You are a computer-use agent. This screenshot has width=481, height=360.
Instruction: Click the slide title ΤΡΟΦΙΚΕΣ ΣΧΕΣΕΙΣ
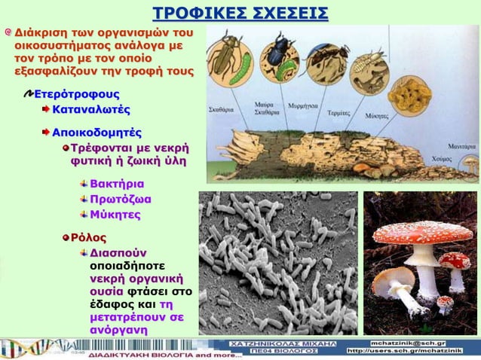point(240,13)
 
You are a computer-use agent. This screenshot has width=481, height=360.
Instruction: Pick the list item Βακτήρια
point(117,184)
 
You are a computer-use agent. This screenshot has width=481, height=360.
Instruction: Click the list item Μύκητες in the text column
point(115,215)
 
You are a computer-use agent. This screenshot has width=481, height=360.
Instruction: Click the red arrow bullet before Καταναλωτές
point(45,110)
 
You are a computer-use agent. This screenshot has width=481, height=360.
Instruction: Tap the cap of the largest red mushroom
point(406,233)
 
